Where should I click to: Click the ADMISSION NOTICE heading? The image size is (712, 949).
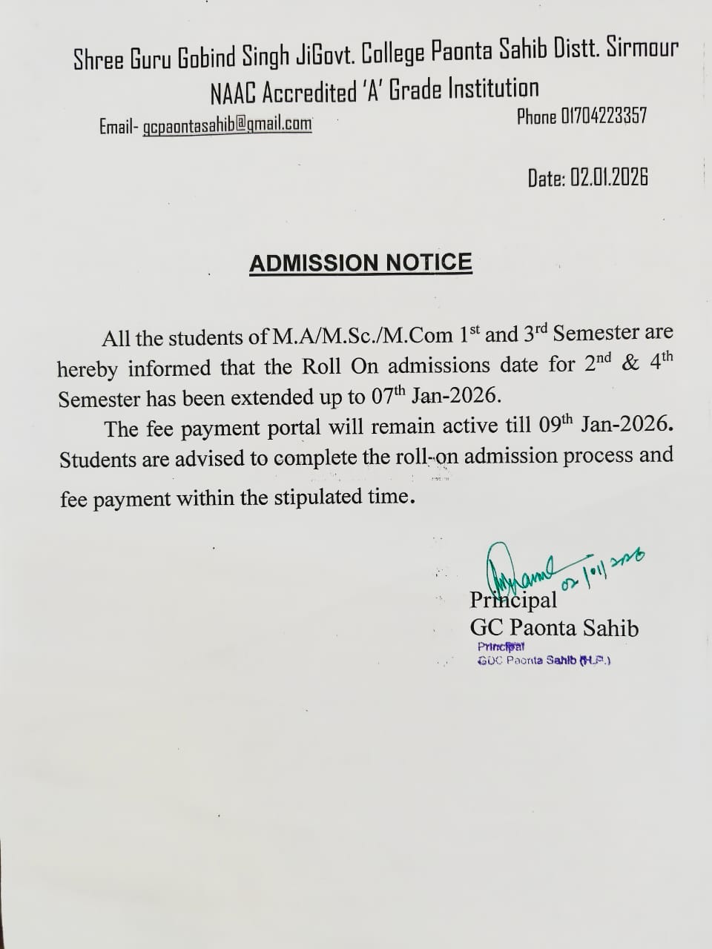[360, 263]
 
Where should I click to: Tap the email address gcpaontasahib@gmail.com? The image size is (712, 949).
[227, 125]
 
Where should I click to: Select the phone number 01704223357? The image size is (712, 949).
[604, 116]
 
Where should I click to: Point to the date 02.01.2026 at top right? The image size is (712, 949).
[609, 178]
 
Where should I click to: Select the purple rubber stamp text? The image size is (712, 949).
[544, 654]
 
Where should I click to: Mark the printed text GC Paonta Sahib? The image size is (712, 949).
[554, 628]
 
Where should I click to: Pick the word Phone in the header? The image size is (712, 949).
[536, 117]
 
